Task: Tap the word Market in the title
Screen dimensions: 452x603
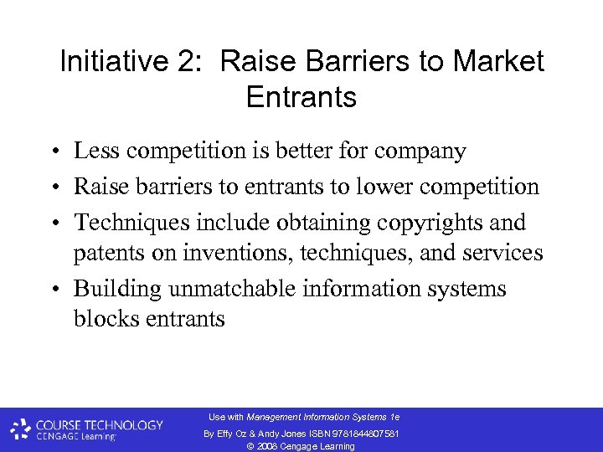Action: (498, 61)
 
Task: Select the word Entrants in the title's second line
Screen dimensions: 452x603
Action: (301, 97)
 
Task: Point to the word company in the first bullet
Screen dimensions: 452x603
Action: (421, 151)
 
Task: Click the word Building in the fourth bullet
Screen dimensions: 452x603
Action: (118, 289)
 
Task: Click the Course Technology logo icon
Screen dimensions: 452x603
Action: (21, 429)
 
